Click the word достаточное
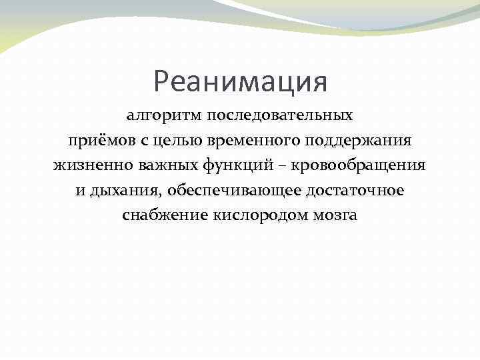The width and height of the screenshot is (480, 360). point(354,191)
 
